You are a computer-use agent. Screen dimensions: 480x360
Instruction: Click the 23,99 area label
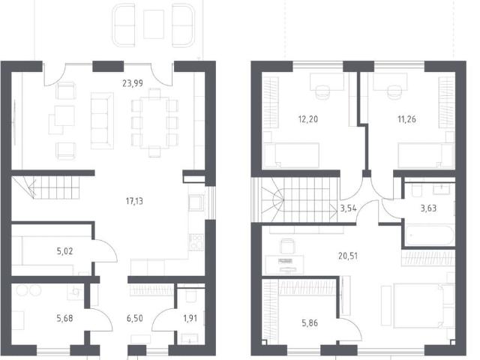[x=133, y=83]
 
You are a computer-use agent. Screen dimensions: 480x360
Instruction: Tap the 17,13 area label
[x=134, y=201]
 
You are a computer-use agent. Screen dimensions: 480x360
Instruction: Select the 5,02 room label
[x=64, y=251]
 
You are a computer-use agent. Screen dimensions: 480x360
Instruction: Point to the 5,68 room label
[x=64, y=318]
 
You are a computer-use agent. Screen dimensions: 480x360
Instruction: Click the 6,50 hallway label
[x=135, y=318]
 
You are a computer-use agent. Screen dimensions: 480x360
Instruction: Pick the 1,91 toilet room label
[x=190, y=318]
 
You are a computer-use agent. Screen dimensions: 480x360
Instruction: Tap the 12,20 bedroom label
[x=308, y=119]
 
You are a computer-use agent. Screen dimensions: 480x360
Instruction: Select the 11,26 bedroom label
[x=406, y=119]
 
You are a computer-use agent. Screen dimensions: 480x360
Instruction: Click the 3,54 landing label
[x=348, y=208]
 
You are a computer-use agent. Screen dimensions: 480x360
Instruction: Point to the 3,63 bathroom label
[x=428, y=208]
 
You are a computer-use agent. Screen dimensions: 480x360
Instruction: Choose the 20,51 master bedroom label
[x=348, y=256]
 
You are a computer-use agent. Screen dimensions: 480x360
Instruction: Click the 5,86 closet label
[x=310, y=323]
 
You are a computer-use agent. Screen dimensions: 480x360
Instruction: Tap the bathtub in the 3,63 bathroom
[x=430, y=235]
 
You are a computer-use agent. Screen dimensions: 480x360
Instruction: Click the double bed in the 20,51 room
[x=418, y=305]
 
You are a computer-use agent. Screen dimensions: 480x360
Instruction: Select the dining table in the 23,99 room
[x=154, y=122]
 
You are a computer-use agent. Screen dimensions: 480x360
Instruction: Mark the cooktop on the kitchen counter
[x=196, y=241]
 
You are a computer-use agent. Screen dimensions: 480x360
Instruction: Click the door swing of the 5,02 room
[x=106, y=250]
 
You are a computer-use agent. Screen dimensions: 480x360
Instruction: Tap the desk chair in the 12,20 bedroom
[x=322, y=91]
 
